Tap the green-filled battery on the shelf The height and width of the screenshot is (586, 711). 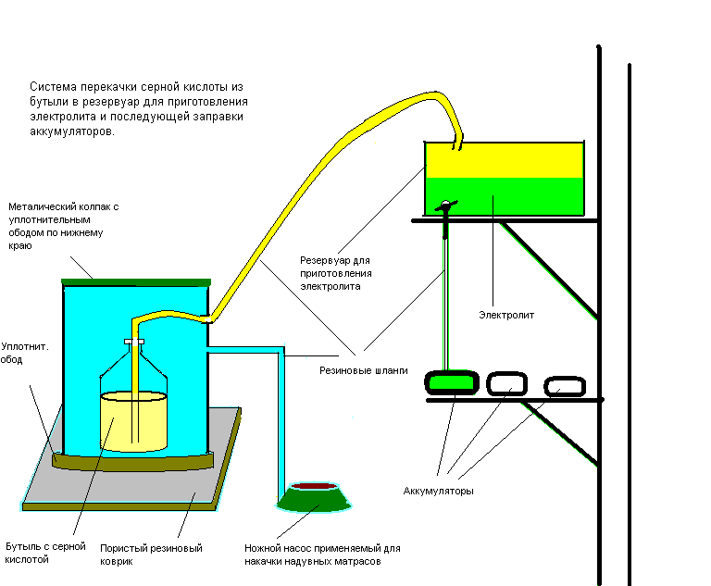coord(452,383)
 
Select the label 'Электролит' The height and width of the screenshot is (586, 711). coord(506,315)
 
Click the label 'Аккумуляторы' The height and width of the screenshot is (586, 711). coord(438,492)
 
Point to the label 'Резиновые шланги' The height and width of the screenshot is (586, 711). coord(363,370)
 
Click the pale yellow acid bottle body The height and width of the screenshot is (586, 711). coord(133,422)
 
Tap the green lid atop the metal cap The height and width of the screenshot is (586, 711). coord(136,282)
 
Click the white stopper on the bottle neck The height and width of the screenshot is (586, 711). coord(134,342)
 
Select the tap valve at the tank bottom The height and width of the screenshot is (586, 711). coord(445,206)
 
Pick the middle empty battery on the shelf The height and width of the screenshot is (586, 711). coord(507,383)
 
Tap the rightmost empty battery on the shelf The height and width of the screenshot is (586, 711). coord(565,386)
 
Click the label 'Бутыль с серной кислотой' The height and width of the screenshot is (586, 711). coord(45,553)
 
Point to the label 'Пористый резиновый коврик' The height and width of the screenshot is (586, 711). coord(151,555)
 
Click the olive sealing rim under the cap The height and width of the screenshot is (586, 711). coord(132,462)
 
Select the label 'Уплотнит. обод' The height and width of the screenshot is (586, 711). coord(24,353)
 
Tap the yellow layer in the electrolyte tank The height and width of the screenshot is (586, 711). coord(505,160)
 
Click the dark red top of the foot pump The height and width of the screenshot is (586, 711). coord(314,486)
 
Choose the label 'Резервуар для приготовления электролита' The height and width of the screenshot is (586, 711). coord(335,273)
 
